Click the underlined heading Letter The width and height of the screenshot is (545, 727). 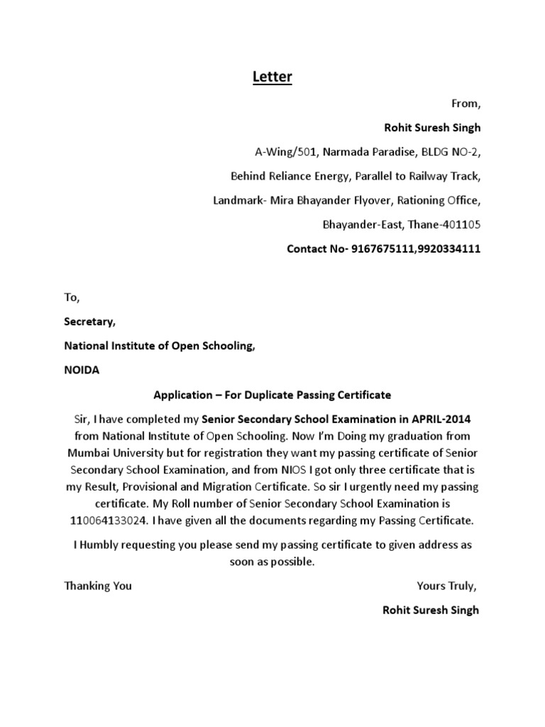[272, 77]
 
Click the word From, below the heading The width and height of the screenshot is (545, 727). [466, 104]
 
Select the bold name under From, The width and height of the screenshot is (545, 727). [432, 128]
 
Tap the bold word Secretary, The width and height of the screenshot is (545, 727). [89, 322]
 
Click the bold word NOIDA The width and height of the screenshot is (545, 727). [82, 371]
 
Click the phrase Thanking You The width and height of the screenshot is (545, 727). [98, 586]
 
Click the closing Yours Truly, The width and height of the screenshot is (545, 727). [447, 586]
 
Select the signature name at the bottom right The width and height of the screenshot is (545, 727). [431, 610]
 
